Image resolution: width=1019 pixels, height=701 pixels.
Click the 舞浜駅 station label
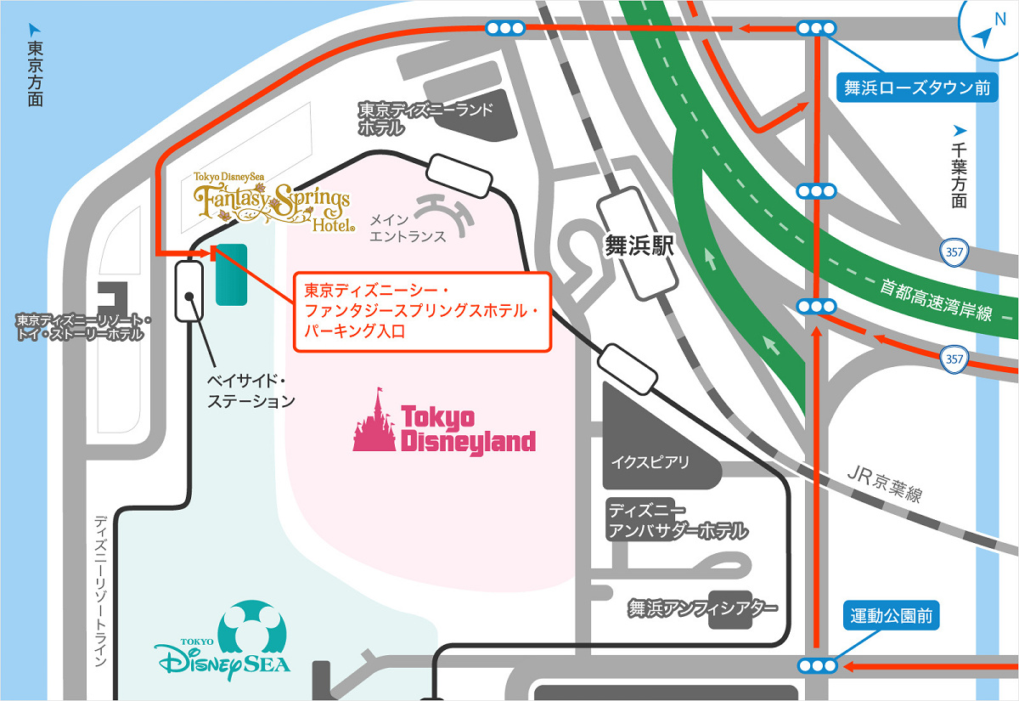[639, 246]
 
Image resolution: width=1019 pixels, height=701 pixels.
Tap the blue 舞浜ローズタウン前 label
[916, 87]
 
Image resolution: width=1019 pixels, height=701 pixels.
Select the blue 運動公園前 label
[891, 616]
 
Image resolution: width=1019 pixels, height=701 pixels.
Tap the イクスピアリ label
[650, 463]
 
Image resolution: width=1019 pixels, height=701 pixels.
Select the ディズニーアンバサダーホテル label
[677, 521]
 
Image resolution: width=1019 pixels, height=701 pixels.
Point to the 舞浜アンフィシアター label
[702, 608]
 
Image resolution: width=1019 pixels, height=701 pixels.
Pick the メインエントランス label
[408, 228]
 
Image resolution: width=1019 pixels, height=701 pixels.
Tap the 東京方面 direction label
[35, 72]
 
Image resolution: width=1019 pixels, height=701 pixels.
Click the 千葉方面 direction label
[960, 174]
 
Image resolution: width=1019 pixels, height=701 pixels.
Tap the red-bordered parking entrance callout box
[422, 312]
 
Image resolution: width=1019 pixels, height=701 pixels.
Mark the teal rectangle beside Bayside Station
[231, 274]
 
